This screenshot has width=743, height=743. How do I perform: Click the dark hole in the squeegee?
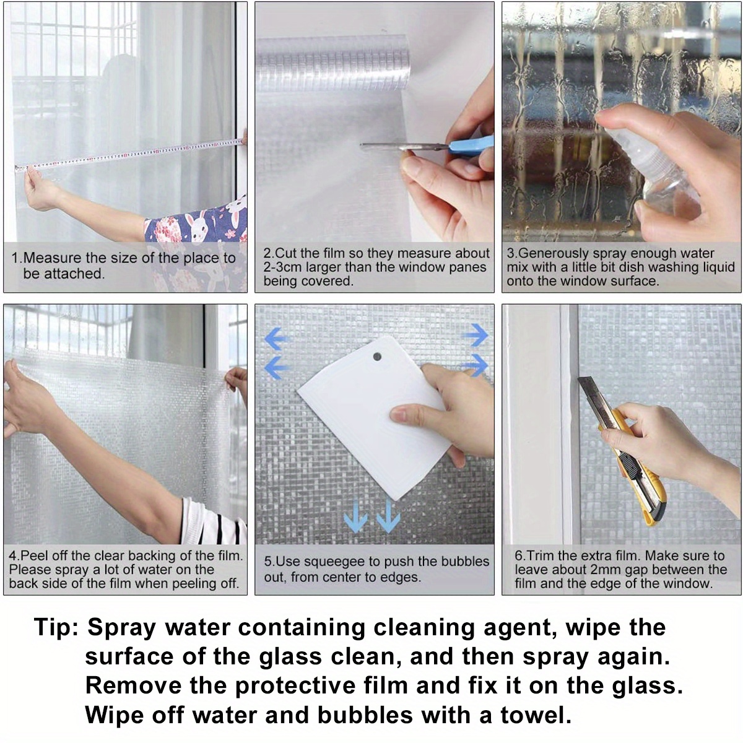point(376,357)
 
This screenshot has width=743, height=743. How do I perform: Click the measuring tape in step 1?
point(130,154)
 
